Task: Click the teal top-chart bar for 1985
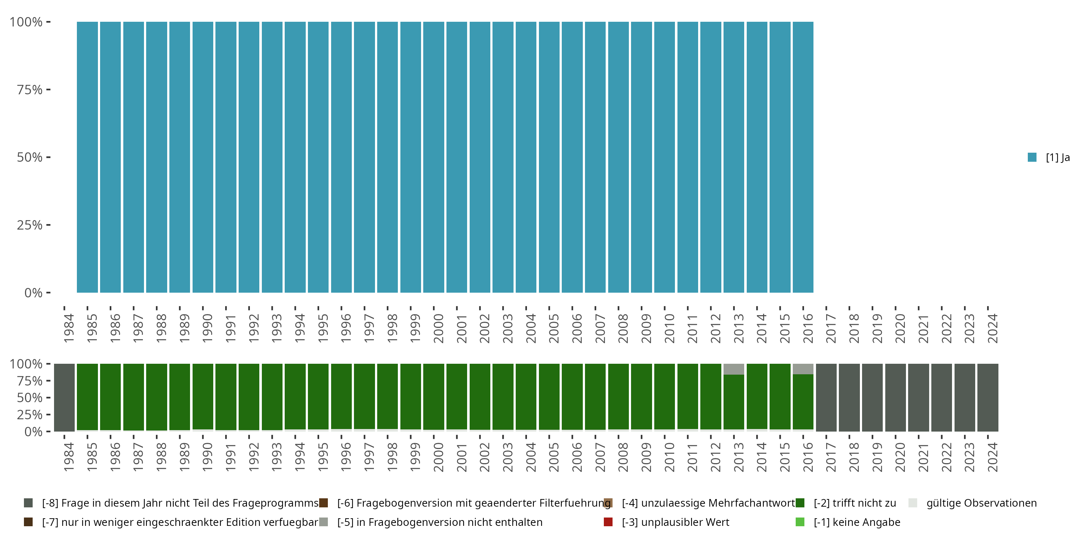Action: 87,157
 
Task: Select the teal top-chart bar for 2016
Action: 803,157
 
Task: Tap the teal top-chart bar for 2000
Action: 434,157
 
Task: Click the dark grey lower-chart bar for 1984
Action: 64,397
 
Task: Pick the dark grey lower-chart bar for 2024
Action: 988,397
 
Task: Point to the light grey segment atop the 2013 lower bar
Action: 734,369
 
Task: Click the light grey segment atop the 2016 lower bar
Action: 803,369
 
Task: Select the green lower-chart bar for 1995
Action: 318,397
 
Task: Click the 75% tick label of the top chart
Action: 30,90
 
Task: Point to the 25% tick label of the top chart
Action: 30,225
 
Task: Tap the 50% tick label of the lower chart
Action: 30,397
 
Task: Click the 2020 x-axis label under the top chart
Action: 900,328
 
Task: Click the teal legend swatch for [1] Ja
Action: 1032,157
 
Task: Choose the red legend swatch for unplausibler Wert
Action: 608,522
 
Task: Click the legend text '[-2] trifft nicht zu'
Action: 855,503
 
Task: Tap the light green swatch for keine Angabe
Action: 800,522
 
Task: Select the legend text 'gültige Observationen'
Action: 982,503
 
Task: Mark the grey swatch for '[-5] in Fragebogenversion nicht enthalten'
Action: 323,522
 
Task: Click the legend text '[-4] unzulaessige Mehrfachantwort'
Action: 708,503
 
